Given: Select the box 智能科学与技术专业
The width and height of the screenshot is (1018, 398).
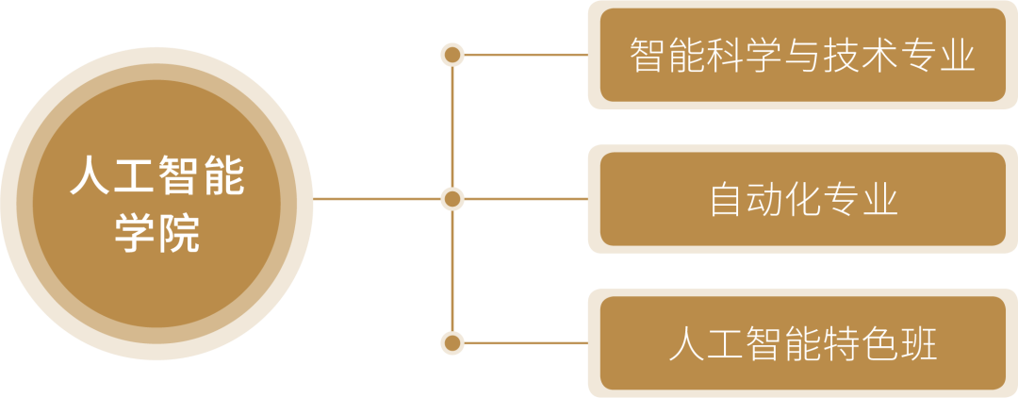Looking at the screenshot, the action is [x=802, y=55].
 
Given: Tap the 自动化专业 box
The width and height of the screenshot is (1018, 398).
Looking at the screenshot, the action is [x=802, y=199].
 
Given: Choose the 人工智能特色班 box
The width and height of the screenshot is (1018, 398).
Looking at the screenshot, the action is [x=802, y=343].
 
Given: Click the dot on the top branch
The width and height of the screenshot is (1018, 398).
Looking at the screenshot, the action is [x=453, y=55].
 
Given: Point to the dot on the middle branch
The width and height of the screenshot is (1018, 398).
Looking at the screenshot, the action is [x=453, y=199].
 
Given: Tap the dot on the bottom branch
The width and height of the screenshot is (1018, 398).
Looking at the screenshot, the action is [x=453, y=342].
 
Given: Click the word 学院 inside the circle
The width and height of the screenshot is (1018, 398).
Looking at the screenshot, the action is [x=156, y=233].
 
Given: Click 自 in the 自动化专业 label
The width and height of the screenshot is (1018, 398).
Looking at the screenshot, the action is [x=727, y=200].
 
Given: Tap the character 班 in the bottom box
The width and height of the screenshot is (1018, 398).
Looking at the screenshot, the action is [x=919, y=344].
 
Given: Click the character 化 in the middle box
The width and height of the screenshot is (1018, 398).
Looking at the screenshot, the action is [x=803, y=200].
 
